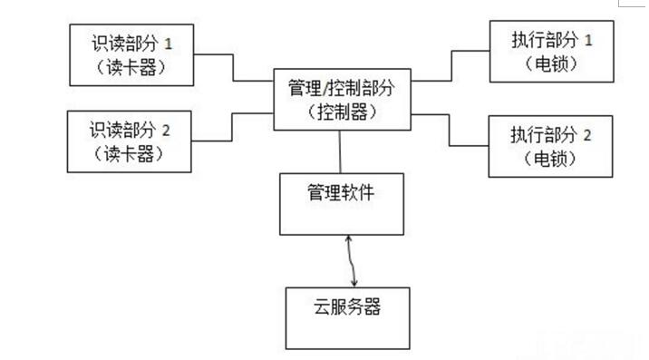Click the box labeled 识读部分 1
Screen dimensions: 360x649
pyautogui.click(x=131, y=55)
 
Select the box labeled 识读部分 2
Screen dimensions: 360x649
pyautogui.click(x=131, y=141)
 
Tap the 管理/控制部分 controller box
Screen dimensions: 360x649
pyautogui.click(x=340, y=100)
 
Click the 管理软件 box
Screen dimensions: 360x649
pyautogui.click(x=340, y=201)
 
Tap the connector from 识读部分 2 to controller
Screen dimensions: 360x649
pyautogui.click(x=233, y=128)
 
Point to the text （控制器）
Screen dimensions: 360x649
pyautogui.click(x=340, y=112)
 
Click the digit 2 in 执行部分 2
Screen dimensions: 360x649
pyautogui.click(x=587, y=134)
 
